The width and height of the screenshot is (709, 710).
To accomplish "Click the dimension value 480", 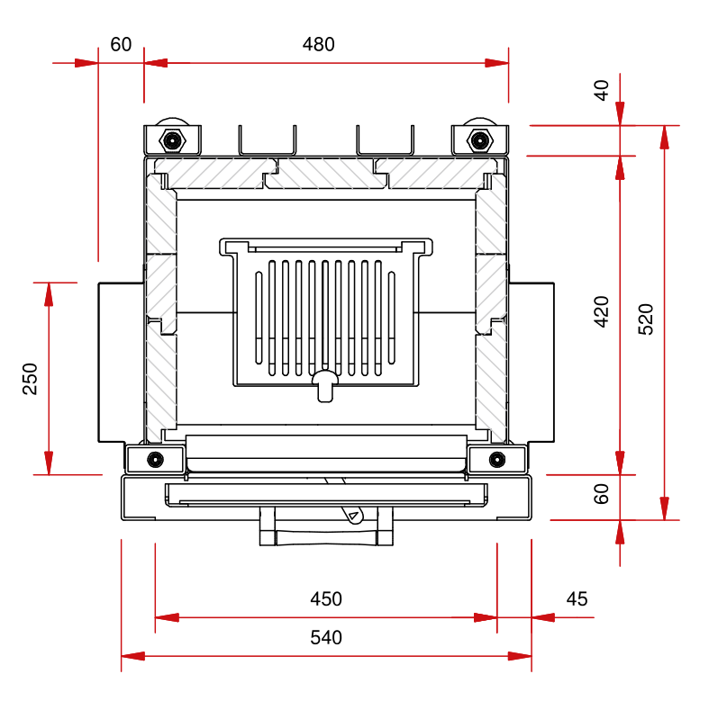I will [x=319, y=44].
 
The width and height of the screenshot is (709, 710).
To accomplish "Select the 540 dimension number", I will [x=326, y=638].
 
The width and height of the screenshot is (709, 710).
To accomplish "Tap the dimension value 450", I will [x=326, y=599].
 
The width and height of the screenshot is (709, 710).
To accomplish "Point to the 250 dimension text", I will [x=31, y=379].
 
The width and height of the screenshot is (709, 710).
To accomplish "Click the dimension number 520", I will [x=646, y=319].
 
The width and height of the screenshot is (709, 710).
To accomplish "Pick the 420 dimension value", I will [x=602, y=310].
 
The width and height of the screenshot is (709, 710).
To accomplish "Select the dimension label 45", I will [x=577, y=599].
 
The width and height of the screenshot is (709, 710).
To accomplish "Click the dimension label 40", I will [x=602, y=89].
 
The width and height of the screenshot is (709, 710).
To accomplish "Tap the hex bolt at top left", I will [x=172, y=140].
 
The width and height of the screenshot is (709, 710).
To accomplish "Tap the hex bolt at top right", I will [x=479, y=140].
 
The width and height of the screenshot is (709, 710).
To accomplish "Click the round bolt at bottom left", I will [x=156, y=459].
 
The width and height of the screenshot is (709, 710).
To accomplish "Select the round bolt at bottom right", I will [x=495, y=459].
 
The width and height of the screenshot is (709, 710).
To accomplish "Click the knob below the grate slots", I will [x=325, y=385].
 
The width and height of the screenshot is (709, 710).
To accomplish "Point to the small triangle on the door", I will [x=354, y=516].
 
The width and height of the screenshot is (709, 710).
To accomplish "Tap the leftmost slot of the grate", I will [x=259, y=315].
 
